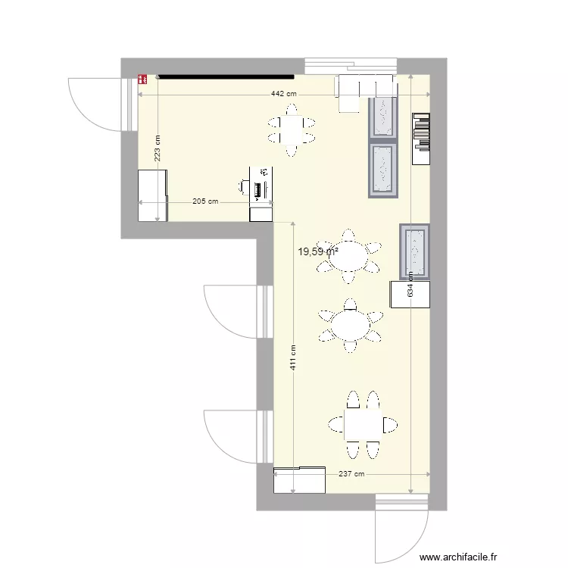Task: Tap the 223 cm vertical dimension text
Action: tap(158, 149)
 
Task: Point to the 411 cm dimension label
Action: tap(292, 357)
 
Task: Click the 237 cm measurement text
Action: tap(351, 474)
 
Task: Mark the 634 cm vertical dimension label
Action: tap(410, 284)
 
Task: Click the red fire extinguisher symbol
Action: tap(142, 76)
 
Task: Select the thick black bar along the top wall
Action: tap(225, 76)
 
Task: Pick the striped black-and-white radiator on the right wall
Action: tap(421, 139)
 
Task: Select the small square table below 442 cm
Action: tap(290, 130)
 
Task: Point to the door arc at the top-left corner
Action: tap(94, 103)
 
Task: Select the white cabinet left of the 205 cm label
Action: tap(151, 195)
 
